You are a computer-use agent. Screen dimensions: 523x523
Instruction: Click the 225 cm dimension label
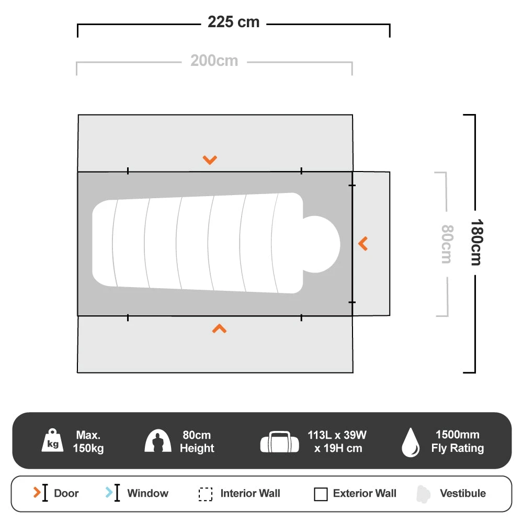[233, 22]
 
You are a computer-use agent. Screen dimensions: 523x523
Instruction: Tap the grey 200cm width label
[214, 61]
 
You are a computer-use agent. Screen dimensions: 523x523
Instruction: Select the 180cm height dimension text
[475, 242]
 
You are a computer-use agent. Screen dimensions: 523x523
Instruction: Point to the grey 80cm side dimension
[446, 244]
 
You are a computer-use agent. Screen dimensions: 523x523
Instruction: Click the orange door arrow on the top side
[210, 160]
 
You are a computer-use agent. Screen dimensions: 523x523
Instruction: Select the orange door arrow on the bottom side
[219, 328]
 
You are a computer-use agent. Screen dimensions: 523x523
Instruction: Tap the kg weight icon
[53, 441]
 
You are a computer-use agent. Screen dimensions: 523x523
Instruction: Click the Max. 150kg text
[88, 441]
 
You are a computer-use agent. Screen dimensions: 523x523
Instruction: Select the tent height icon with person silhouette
[158, 441]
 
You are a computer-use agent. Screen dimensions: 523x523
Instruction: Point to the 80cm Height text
[197, 441]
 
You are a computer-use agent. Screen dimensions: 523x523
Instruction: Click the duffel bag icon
[280, 442]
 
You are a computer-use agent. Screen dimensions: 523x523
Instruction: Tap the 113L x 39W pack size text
[337, 441]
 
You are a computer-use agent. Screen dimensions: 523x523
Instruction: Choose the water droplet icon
[410, 442]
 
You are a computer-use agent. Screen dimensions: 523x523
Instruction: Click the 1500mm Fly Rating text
[457, 441]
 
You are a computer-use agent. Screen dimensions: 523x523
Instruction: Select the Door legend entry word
[66, 493]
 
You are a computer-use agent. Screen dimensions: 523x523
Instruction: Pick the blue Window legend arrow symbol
[109, 493]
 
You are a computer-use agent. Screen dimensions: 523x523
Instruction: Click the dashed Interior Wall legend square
[206, 494]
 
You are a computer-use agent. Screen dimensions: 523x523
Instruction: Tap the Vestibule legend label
[462, 493]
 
